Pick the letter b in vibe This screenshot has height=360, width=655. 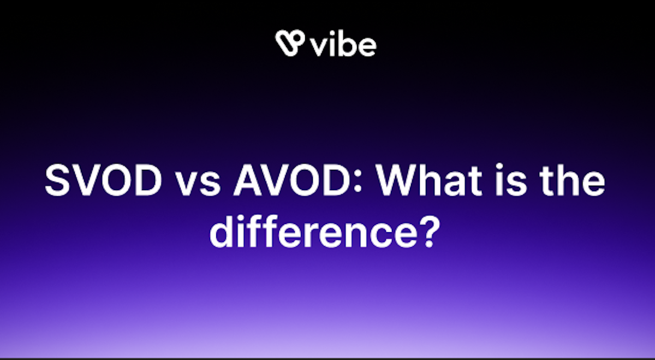347,44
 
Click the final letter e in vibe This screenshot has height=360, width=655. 367,47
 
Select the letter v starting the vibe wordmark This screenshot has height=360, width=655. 319,47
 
